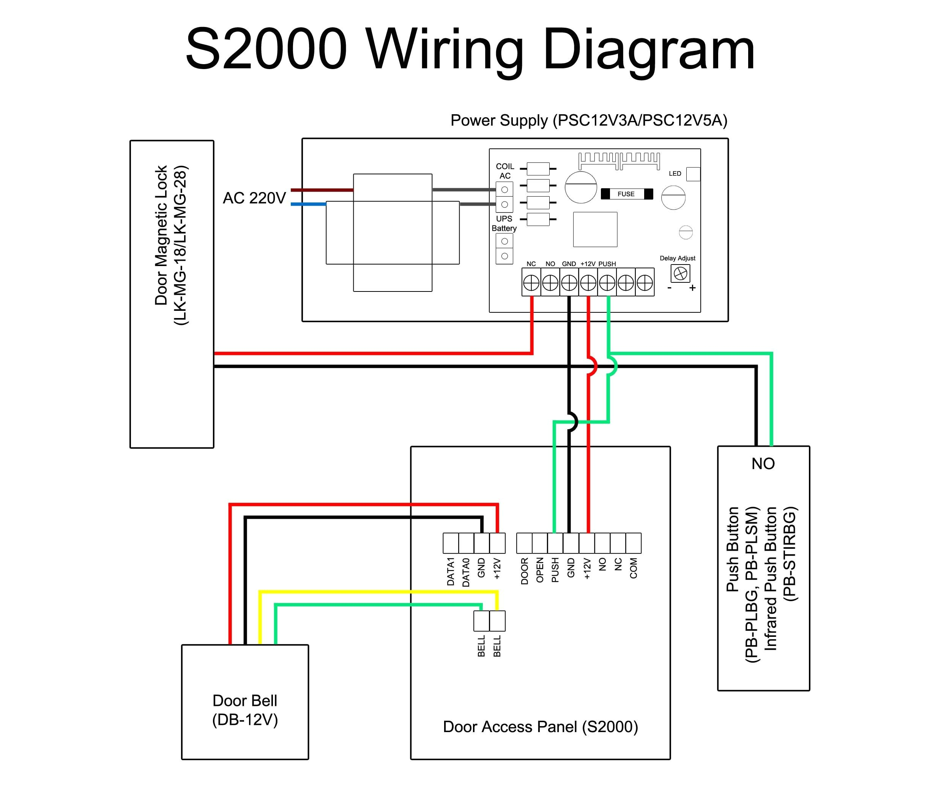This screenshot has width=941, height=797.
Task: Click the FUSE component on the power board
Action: pyautogui.click(x=626, y=194)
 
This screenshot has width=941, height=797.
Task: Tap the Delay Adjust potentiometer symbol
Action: pyautogui.click(x=680, y=273)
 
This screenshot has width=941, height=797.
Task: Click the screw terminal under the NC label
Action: pyautogui.click(x=531, y=283)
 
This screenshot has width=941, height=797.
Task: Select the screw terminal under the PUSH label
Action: pyautogui.click(x=607, y=283)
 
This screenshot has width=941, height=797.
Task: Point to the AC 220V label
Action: pyautogui.click(x=254, y=198)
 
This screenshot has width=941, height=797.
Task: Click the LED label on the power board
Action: pyautogui.click(x=675, y=173)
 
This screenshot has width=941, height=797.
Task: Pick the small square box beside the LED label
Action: pyautogui.click(x=693, y=174)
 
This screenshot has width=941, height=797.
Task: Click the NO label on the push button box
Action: pyautogui.click(x=763, y=463)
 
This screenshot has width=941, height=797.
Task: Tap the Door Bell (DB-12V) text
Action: pyautogui.click(x=245, y=710)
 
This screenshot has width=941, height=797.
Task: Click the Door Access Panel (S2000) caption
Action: pyautogui.click(x=540, y=726)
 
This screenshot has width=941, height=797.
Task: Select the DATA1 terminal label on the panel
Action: pyautogui.click(x=451, y=572)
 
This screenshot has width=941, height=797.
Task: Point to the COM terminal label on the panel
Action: pyautogui.click(x=634, y=569)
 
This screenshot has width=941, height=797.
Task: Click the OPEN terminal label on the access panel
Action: pyautogui.click(x=540, y=570)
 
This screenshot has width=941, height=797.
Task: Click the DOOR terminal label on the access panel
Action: pyautogui.click(x=524, y=571)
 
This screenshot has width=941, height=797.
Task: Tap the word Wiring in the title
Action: pyautogui.click(x=444, y=50)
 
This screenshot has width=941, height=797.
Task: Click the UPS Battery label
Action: pyautogui.click(x=504, y=223)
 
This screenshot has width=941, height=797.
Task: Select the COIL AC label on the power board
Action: pyautogui.click(x=505, y=171)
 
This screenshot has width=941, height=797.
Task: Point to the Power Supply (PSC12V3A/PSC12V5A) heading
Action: pyautogui.click(x=588, y=120)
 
